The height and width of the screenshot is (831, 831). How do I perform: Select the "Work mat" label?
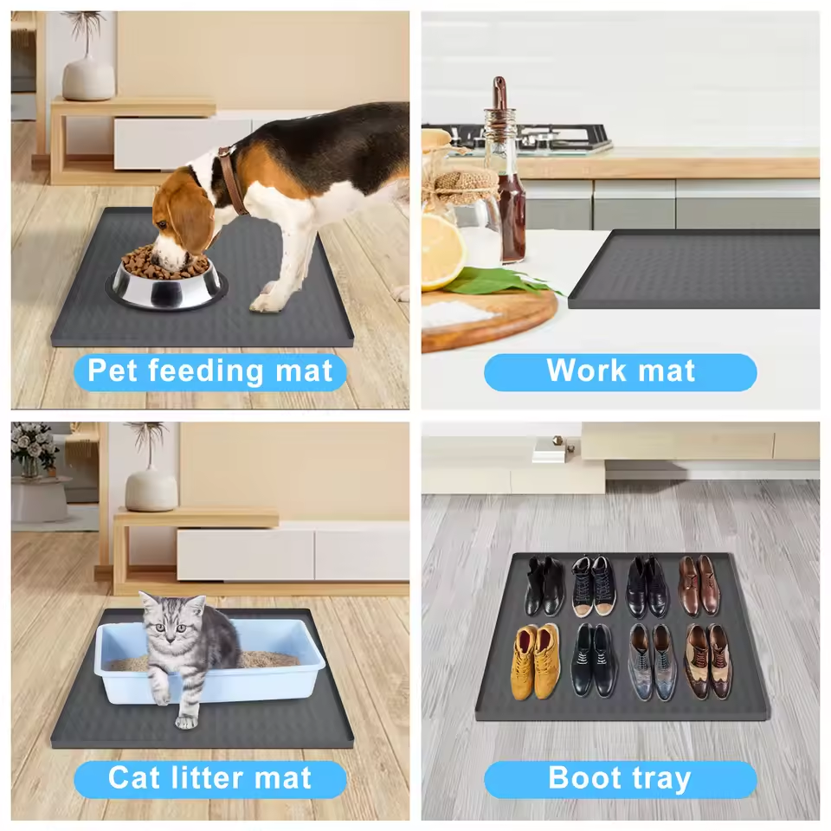pos(620,372)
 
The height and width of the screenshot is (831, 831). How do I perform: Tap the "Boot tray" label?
pos(620,779)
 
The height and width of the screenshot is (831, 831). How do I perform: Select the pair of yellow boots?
pos(536,661)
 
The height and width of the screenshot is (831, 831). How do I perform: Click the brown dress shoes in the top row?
pos(699,585)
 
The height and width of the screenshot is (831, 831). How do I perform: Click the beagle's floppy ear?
pos(192,222)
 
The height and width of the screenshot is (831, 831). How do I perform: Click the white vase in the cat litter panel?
pos(151,491)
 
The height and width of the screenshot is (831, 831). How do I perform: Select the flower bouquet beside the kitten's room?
pos(34,448)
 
